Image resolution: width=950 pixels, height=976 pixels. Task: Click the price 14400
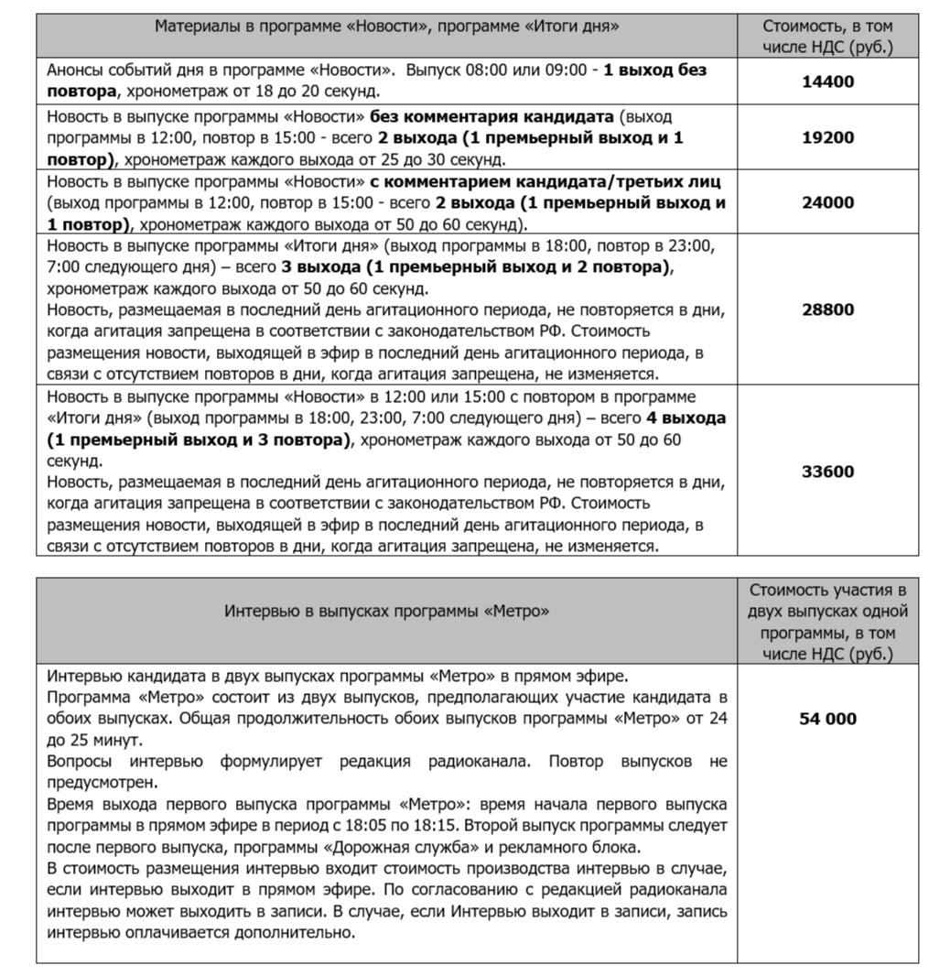(x=827, y=81)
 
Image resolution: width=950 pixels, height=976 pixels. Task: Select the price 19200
(x=827, y=137)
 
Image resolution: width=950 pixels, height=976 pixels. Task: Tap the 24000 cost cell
(x=827, y=202)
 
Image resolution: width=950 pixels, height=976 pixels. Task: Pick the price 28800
(x=827, y=309)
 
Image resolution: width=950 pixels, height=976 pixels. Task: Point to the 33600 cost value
(x=827, y=472)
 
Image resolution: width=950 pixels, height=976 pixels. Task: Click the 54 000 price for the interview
(x=827, y=719)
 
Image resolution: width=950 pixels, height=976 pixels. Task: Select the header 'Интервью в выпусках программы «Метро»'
(x=387, y=611)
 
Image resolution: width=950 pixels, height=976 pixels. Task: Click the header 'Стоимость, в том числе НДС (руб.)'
(x=827, y=37)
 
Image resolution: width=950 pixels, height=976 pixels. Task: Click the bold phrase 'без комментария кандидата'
(x=494, y=117)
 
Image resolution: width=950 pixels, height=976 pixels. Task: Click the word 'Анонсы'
(x=74, y=69)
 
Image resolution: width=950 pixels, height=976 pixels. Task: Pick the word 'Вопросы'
(x=80, y=762)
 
